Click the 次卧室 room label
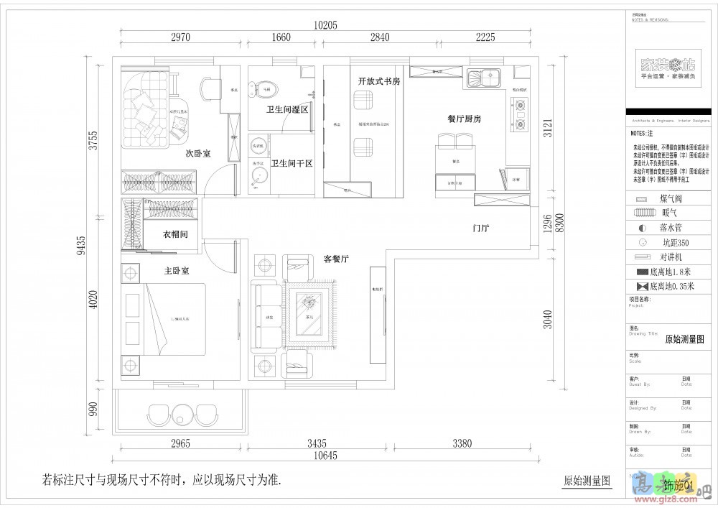click(x=197, y=153)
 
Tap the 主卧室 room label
click(x=176, y=271)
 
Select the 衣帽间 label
click(x=175, y=234)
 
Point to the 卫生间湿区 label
click(x=287, y=110)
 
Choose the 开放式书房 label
click(x=378, y=81)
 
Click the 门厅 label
click(x=480, y=228)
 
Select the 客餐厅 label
click(x=336, y=259)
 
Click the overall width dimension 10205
click(x=325, y=24)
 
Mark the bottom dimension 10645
click(x=325, y=456)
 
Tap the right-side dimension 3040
click(x=549, y=318)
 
